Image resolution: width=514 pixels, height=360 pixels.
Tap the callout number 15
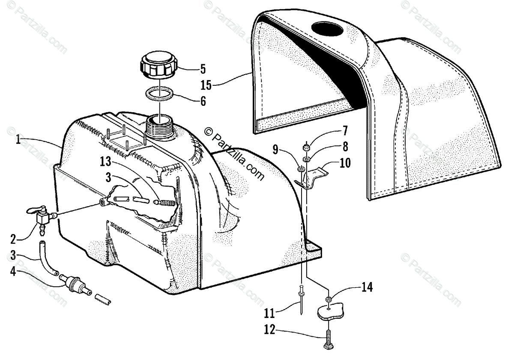point(206,85)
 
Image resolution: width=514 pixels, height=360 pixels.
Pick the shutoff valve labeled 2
point(43,218)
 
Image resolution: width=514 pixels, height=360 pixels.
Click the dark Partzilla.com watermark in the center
point(234,155)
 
